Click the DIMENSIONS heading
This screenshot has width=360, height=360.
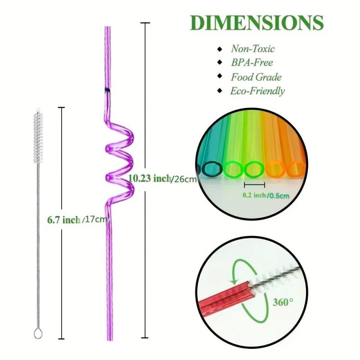(x=257, y=22)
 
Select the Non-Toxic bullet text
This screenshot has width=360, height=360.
(x=252, y=49)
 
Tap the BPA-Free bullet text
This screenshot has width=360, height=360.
(x=252, y=63)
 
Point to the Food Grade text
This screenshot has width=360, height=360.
(x=256, y=77)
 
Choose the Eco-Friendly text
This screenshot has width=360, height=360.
(x=257, y=91)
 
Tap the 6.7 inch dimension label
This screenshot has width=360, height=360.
(x=63, y=220)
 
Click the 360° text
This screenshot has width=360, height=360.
(x=283, y=301)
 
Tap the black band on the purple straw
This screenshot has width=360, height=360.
(x=108, y=90)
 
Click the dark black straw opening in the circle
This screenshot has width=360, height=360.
(x=212, y=169)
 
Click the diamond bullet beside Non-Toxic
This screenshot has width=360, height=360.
(x=220, y=49)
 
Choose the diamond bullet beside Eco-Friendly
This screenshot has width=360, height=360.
(x=220, y=91)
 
